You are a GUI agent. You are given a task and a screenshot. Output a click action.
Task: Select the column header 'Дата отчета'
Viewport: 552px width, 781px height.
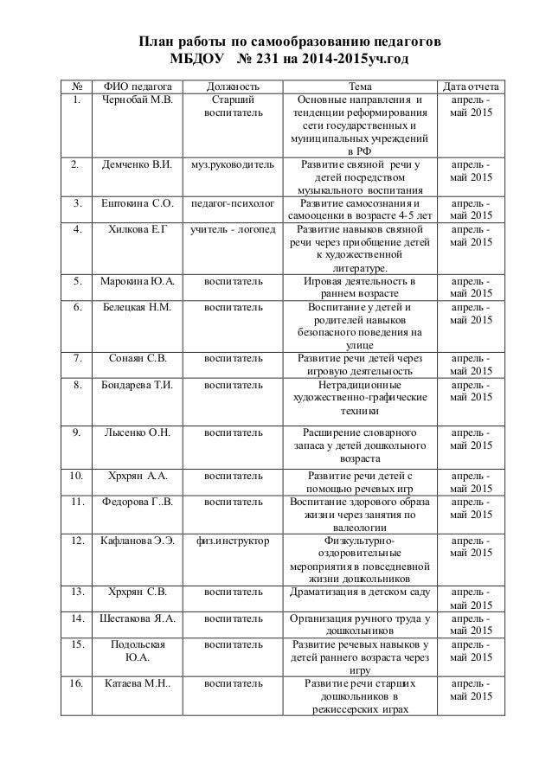click(x=471, y=86)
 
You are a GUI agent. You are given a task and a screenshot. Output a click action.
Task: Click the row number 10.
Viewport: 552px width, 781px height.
click(x=76, y=475)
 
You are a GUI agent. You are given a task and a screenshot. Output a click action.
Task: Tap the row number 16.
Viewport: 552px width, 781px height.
click(x=76, y=683)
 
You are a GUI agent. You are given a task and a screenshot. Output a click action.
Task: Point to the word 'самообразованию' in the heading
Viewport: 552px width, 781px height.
click(x=314, y=41)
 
